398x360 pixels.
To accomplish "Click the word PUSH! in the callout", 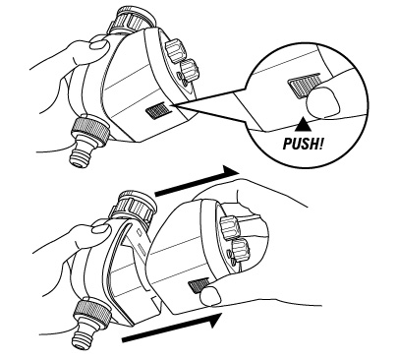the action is point(303,144).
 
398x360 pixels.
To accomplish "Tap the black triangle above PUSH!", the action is point(304,124).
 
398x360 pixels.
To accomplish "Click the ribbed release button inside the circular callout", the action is point(301,85).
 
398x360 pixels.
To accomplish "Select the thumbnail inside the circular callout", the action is point(322,103).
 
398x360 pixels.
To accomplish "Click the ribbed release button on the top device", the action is point(158,111).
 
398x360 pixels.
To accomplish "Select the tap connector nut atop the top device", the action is point(132,19).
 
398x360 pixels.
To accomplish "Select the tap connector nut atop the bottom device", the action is point(137,206).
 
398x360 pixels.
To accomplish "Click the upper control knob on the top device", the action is point(174,50).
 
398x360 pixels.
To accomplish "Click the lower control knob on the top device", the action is point(188,72).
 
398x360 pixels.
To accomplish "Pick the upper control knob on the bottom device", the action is point(229,227).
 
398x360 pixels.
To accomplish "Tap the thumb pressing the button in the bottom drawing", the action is point(210,295).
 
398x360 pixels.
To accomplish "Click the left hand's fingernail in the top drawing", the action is point(98,44).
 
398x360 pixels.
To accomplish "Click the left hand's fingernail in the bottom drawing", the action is point(100,227).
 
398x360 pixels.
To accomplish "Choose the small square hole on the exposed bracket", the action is point(139,231).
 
